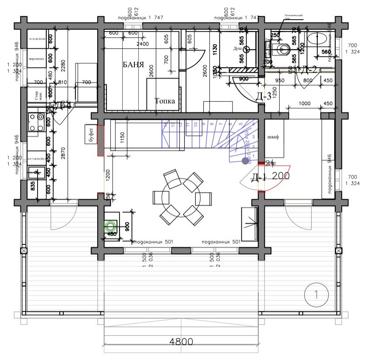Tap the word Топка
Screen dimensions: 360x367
(x=165, y=101)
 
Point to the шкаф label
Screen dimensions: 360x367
(x=273, y=136)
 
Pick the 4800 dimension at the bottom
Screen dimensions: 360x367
(x=181, y=342)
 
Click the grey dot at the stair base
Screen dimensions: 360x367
(x=245, y=161)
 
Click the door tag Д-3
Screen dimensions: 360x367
(x=263, y=97)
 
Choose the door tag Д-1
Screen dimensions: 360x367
(x=259, y=177)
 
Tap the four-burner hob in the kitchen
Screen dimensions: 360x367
(x=35, y=122)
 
